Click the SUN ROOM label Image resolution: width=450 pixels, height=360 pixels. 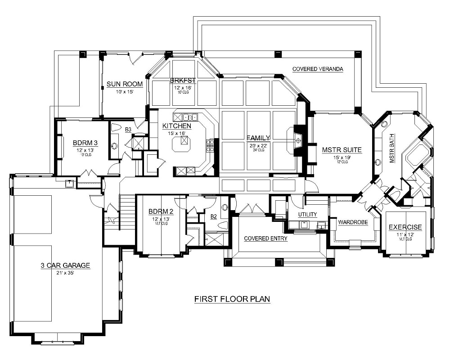tap(125, 84)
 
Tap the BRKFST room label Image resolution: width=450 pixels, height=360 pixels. tap(182, 81)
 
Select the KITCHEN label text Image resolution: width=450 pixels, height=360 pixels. tap(177, 126)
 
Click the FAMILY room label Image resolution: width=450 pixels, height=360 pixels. tap(258, 138)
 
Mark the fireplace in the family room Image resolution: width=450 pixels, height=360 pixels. tap(297, 141)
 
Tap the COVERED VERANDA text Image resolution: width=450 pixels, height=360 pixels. tap(318, 69)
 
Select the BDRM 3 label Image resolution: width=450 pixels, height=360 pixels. tap(85, 144)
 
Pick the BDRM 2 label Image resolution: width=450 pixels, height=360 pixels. tap(161, 212)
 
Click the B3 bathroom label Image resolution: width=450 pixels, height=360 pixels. tap(128, 130)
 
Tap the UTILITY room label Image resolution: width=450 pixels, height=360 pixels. tap(307, 215)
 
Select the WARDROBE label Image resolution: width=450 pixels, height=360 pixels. tap(353, 222)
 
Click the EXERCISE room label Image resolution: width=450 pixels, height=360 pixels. tap(405, 227)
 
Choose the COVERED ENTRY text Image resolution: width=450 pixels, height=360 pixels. tap(265, 238)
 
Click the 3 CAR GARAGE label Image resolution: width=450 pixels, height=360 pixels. tap(65, 265)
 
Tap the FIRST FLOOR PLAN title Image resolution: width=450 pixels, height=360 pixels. tap(232, 299)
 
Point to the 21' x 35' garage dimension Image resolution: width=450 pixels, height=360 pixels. tap(65, 273)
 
